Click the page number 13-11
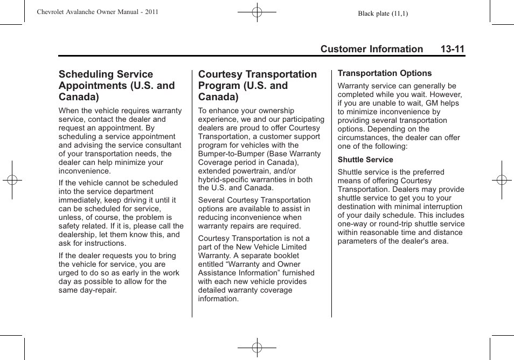click(x=452, y=49)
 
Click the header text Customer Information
click(x=372, y=49)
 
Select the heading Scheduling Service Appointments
click(x=117, y=85)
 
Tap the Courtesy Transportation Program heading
click(x=258, y=85)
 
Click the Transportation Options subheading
click(x=385, y=73)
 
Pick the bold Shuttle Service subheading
click(x=365, y=160)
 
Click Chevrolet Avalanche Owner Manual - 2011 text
click(x=98, y=12)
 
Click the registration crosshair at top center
click(x=257, y=12)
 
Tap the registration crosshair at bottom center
click(x=257, y=348)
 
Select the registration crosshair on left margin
click(x=12, y=180)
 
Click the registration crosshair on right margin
click(x=502, y=180)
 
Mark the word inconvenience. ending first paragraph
click(x=85, y=171)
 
